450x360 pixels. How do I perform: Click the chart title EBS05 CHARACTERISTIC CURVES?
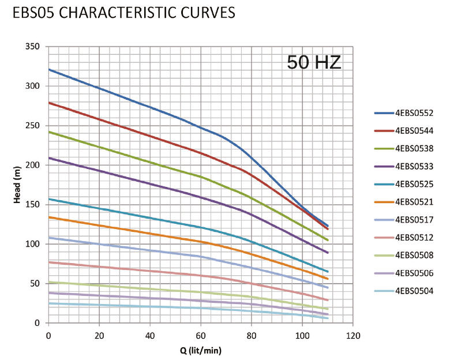[123, 13]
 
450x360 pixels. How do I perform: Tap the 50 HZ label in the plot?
[314, 62]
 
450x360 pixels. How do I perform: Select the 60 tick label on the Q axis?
[200, 335]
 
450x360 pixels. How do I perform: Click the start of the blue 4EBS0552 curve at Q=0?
[49, 69]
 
